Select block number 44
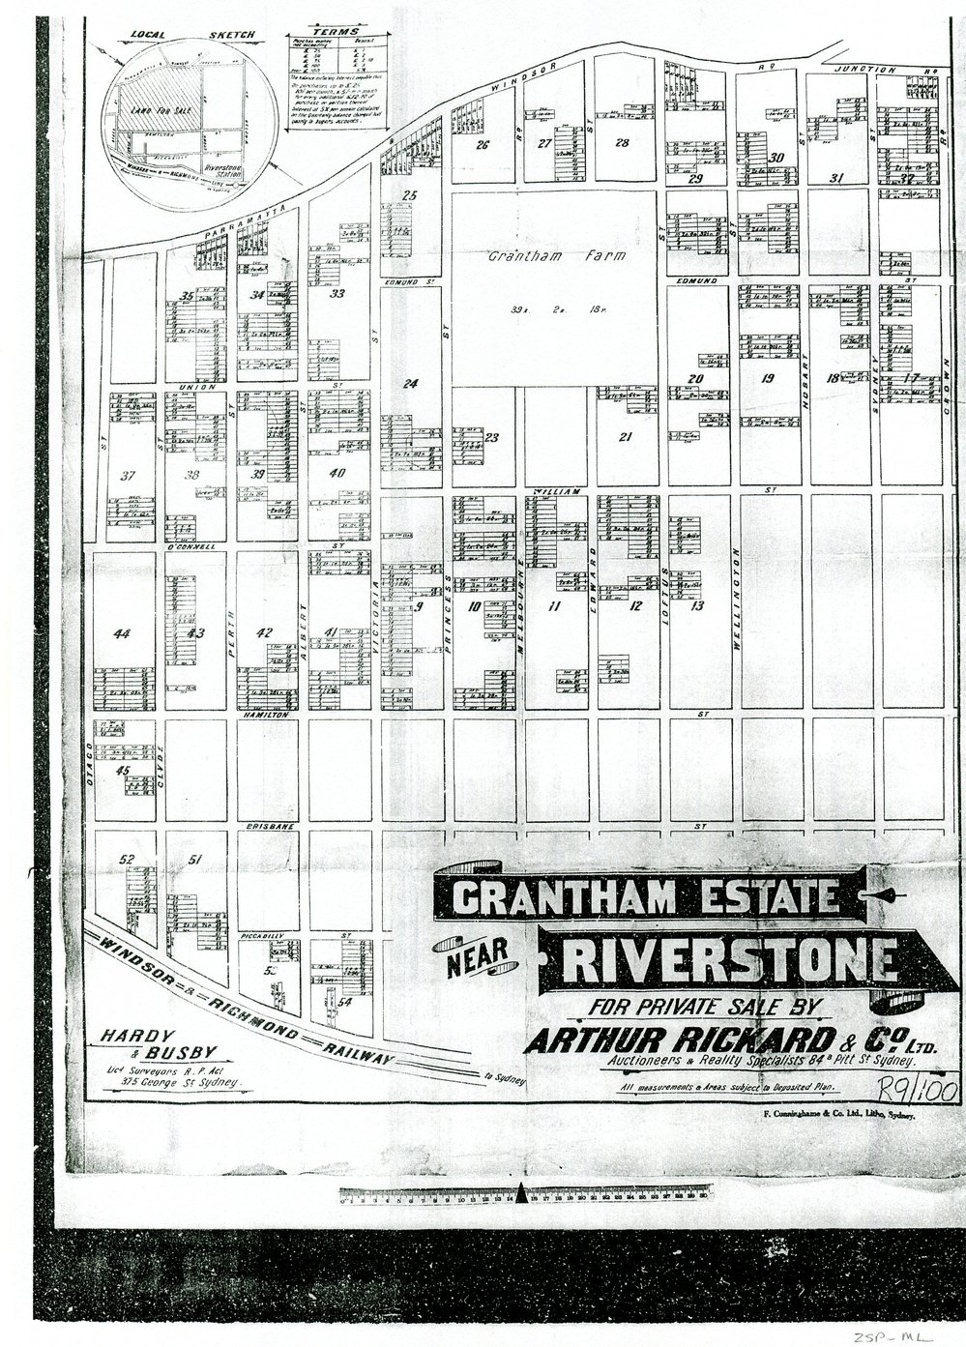tap(121, 633)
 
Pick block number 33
tap(337, 293)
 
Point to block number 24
tap(410, 384)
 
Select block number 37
tap(127, 475)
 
